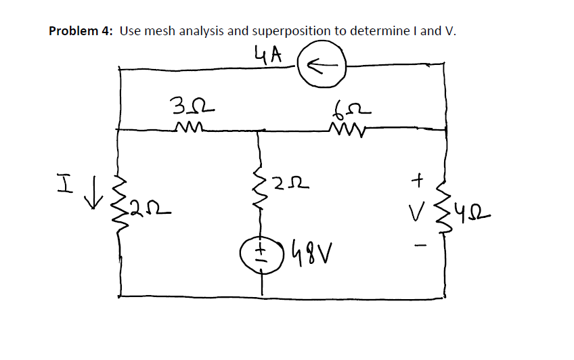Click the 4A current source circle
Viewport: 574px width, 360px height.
(322, 65)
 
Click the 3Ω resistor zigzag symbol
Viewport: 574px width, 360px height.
(185, 127)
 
